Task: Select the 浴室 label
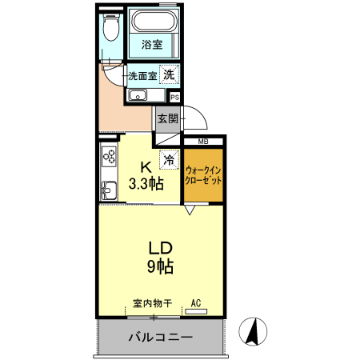pos(152,45)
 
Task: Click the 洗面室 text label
pos(142,76)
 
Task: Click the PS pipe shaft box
pos(174,97)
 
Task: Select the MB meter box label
pos(202,142)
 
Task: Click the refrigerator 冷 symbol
pos(169,160)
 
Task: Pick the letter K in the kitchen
pos(146,168)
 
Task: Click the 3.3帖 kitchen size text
pos(146,184)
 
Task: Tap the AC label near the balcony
pos(195,304)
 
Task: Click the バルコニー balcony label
pos(160,338)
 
